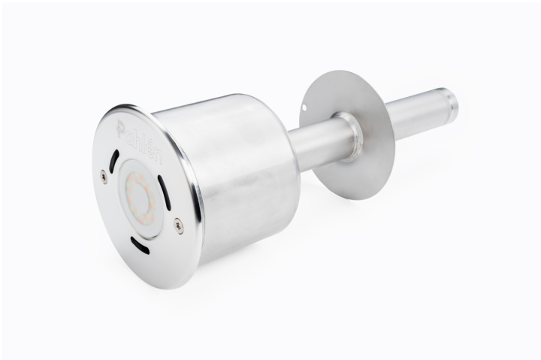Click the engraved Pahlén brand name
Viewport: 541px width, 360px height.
click(x=140, y=141)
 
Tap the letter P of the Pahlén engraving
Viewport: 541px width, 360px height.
click(x=121, y=129)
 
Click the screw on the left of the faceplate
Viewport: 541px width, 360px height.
click(x=104, y=177)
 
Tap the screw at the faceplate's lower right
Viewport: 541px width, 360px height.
click(x=179, y=226)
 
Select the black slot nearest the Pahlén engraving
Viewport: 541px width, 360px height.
click(x=113, y=161)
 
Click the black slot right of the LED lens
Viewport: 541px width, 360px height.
click(x=165, y=192)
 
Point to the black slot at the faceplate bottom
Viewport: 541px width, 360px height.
click(x=140, y=246)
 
